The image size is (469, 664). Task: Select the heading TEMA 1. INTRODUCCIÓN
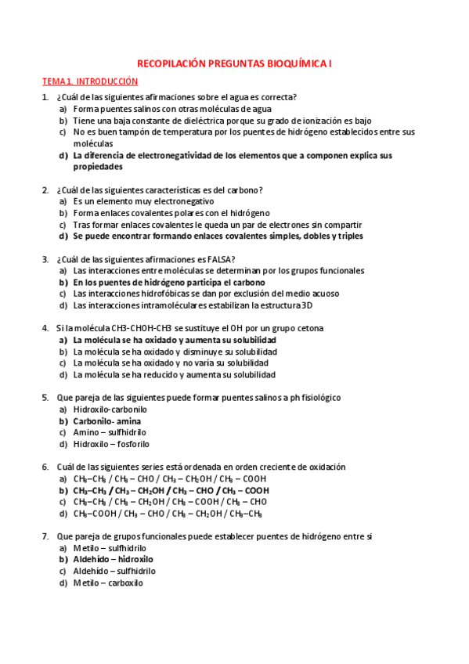89,81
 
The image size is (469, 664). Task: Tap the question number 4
45,328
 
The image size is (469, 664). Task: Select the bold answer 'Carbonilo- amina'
107,420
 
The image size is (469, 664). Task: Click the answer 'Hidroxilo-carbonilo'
110,409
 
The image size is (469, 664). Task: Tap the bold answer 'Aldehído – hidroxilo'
113,559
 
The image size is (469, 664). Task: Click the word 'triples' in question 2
345,236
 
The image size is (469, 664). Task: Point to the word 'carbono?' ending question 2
245,189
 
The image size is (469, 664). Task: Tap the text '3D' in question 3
307,305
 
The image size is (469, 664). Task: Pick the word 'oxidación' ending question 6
324,467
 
